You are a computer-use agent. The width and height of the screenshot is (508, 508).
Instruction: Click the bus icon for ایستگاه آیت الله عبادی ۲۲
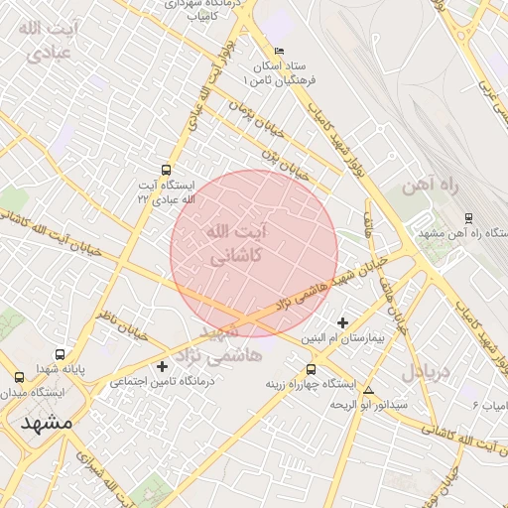pyautogui.click(x=165, y=169)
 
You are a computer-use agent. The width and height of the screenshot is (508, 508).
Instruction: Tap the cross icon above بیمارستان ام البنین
pyautogui.click(x=343, y=322)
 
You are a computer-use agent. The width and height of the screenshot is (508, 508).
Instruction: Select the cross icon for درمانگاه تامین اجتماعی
pyautogui.click(x=163, y=367)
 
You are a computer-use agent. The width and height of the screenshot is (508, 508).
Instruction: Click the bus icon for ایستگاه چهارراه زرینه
pyautogui.click(x=296, y=367)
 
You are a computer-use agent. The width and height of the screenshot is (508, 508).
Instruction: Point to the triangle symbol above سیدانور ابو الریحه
pyautogui.click(x=369, y=390)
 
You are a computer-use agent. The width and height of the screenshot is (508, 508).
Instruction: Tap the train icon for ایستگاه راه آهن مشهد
pyautogui.click(x=468, y=218)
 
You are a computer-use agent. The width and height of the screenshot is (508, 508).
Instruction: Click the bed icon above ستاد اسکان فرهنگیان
pyautogui.click(x=279, y=51)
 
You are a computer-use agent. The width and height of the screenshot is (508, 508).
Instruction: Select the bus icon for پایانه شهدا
pyautogui.click(x=62, y=354)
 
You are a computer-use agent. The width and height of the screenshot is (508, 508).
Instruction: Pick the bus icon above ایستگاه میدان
pyautogui.click(x=19, y=377)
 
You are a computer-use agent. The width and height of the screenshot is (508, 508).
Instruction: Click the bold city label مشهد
pyautogui.click(x=46, y=422)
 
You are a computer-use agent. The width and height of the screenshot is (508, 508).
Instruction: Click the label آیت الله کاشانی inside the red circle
pyautogui.click(x=235, y=243)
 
